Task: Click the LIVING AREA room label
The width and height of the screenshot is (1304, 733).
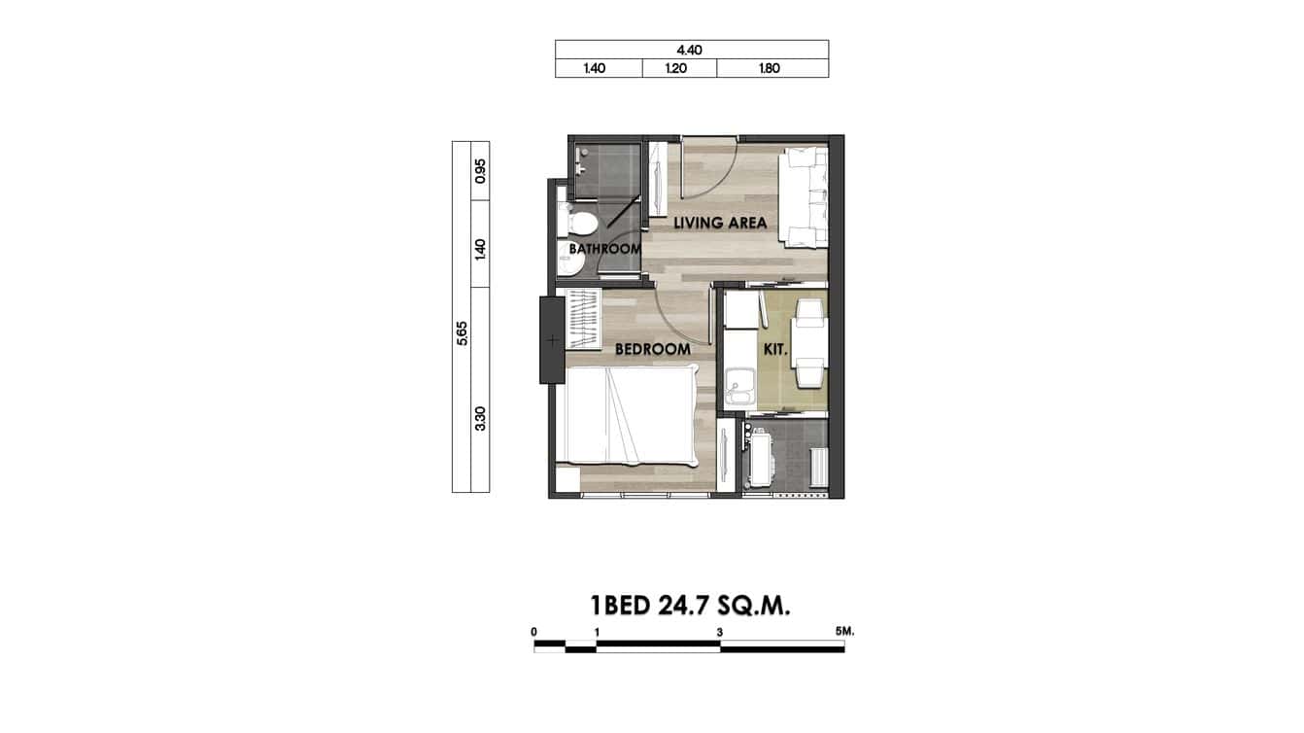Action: click(x=720, y=223)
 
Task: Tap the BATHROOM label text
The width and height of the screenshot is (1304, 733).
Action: click(x=604, y=249)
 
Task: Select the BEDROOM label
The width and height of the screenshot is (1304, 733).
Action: click(x=652, y=349)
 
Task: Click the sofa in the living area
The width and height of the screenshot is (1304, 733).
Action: click(x=804, y=195)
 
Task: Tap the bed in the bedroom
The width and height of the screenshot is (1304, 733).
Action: click(x=630, y=413)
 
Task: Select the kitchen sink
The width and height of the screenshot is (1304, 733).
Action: click(x=740, y=388)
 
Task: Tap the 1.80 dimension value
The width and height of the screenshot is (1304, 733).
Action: click(x=772, y=69)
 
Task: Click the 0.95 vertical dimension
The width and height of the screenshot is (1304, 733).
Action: click(x=480, y=171)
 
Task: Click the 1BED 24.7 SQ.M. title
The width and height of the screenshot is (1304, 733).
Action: click(x=691, y=606)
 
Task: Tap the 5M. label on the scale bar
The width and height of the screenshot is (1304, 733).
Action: click(x=843, y=631)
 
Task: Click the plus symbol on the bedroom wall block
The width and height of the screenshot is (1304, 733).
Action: click(x=552, y=340)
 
